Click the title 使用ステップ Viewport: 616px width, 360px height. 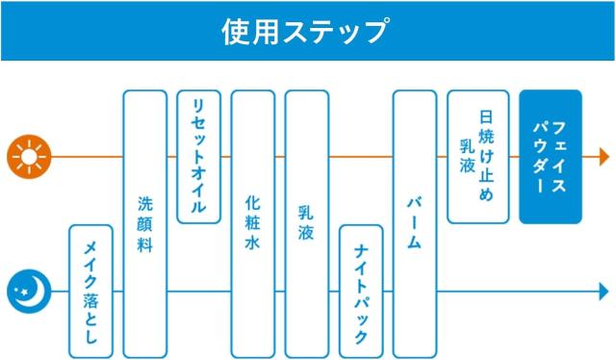click(x=305, y=30)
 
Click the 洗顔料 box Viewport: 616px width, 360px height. click(x=145, y=223)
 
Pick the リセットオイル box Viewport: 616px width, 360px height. click(x=199, y=156)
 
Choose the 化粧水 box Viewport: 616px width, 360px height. click(x=253, y=223)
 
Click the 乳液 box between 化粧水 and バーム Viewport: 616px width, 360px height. click(x=307, y=223)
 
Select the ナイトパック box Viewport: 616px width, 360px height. click(x=361, y=291)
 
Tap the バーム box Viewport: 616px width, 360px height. click(x=415, y=223)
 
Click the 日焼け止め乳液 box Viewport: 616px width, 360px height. click(x=478, y=156)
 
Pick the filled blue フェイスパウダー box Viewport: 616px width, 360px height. click(x=550, y=156)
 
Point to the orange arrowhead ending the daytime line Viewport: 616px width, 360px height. click(x=604, y=156)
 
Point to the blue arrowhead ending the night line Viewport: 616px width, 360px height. click(x=604, y=290)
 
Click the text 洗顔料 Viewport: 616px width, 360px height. click(x=145, y=223)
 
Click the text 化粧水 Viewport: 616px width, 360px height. click(x=253, y=223)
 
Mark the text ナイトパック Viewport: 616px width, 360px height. click(x=361, y=291)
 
